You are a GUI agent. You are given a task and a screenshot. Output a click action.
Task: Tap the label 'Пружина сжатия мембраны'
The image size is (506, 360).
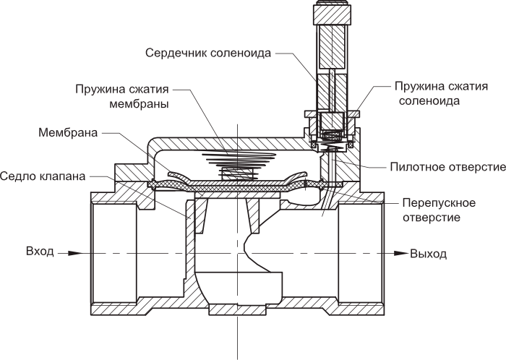click(122, 97)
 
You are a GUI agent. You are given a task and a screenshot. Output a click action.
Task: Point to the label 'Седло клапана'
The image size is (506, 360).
click(43, 176)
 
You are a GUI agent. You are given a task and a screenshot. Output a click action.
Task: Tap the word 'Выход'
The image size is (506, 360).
click(428, 254)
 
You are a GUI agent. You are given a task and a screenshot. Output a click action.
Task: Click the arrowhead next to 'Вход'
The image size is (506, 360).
click(65, 253)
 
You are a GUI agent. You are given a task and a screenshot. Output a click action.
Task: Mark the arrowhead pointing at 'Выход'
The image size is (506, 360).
click(400, 254)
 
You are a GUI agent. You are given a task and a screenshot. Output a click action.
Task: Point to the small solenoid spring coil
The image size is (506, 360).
click(332, 135)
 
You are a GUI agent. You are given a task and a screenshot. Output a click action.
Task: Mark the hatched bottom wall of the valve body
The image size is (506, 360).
click(239, 312)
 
